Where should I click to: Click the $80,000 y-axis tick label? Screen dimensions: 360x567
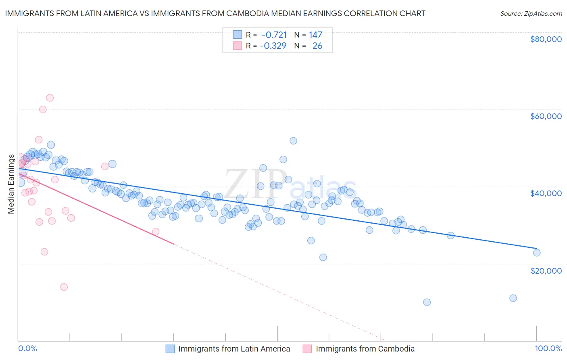click(x=546, y=39)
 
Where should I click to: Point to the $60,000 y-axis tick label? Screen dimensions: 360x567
click(x=546, y=116)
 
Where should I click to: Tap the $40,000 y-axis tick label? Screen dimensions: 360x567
click(x=546, y=193)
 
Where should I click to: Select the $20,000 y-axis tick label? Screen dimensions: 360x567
click(x=546, y=270)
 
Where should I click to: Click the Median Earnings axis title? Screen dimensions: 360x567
click(x=11, y=184)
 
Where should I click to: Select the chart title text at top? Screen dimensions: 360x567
click(x=215, y=14)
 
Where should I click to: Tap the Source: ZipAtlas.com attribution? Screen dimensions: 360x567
click(x=531, y=14)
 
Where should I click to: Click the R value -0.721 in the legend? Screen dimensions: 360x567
click(x=274, y=35)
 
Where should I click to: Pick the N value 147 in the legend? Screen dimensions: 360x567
click(x=315, y=35)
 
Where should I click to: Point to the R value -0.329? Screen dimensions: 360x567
click(x=273, y=46)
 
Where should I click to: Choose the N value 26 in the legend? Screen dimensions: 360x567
click(x=317, y=46)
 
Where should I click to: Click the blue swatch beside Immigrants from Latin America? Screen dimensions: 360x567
click(x=170, y=349)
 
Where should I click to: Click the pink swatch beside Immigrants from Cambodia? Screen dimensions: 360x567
click(x=308, y=349)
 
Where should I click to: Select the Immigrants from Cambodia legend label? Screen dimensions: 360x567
click(x=365, y=349)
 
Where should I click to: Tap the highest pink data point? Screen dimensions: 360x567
click(x=50, y=98)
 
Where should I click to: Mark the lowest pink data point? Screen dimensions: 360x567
click(x=64, y=287)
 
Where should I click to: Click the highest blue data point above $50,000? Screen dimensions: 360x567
click(x=293, y=141)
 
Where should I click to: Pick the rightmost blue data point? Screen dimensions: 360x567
click(x=536, y=253)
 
